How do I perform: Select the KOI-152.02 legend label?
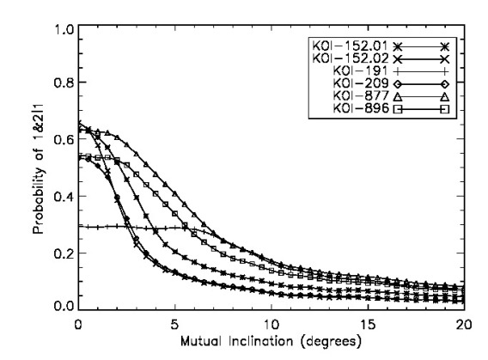click(350, 58)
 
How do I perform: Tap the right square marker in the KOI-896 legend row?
click(444, 110)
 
